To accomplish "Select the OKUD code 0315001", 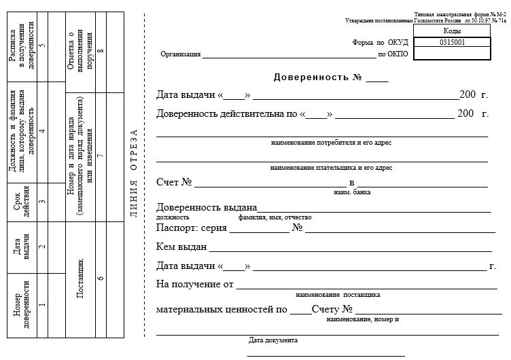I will click(x=452, y=42).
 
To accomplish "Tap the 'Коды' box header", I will click(x=452, y=31).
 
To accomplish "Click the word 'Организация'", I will click(x=181, y=54).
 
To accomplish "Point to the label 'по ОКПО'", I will click(x=393, y=54).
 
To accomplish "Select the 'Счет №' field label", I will click(x=175, y=183).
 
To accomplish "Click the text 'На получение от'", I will click(x=194, y=283).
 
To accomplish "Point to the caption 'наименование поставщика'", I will click(x=338, y=295).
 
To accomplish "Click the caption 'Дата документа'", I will click(x=272, y=340).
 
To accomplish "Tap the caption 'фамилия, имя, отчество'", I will click(x=275, y=217).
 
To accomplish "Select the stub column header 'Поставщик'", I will click(x=80, y=278).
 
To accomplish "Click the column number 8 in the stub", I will click(x=100, y=50).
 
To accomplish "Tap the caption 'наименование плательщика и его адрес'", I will click(x=331, y=167).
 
